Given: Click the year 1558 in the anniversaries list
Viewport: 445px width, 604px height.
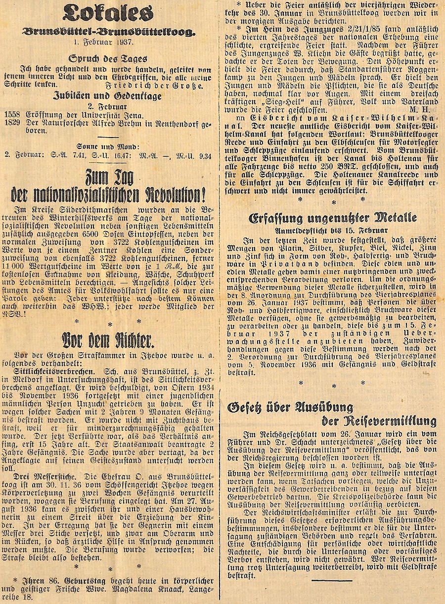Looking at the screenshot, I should coord(12,115).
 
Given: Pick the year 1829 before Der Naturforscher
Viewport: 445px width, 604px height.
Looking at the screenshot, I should coord(12,123).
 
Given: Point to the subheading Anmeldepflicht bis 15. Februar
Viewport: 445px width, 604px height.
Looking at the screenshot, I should coord(332,230).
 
